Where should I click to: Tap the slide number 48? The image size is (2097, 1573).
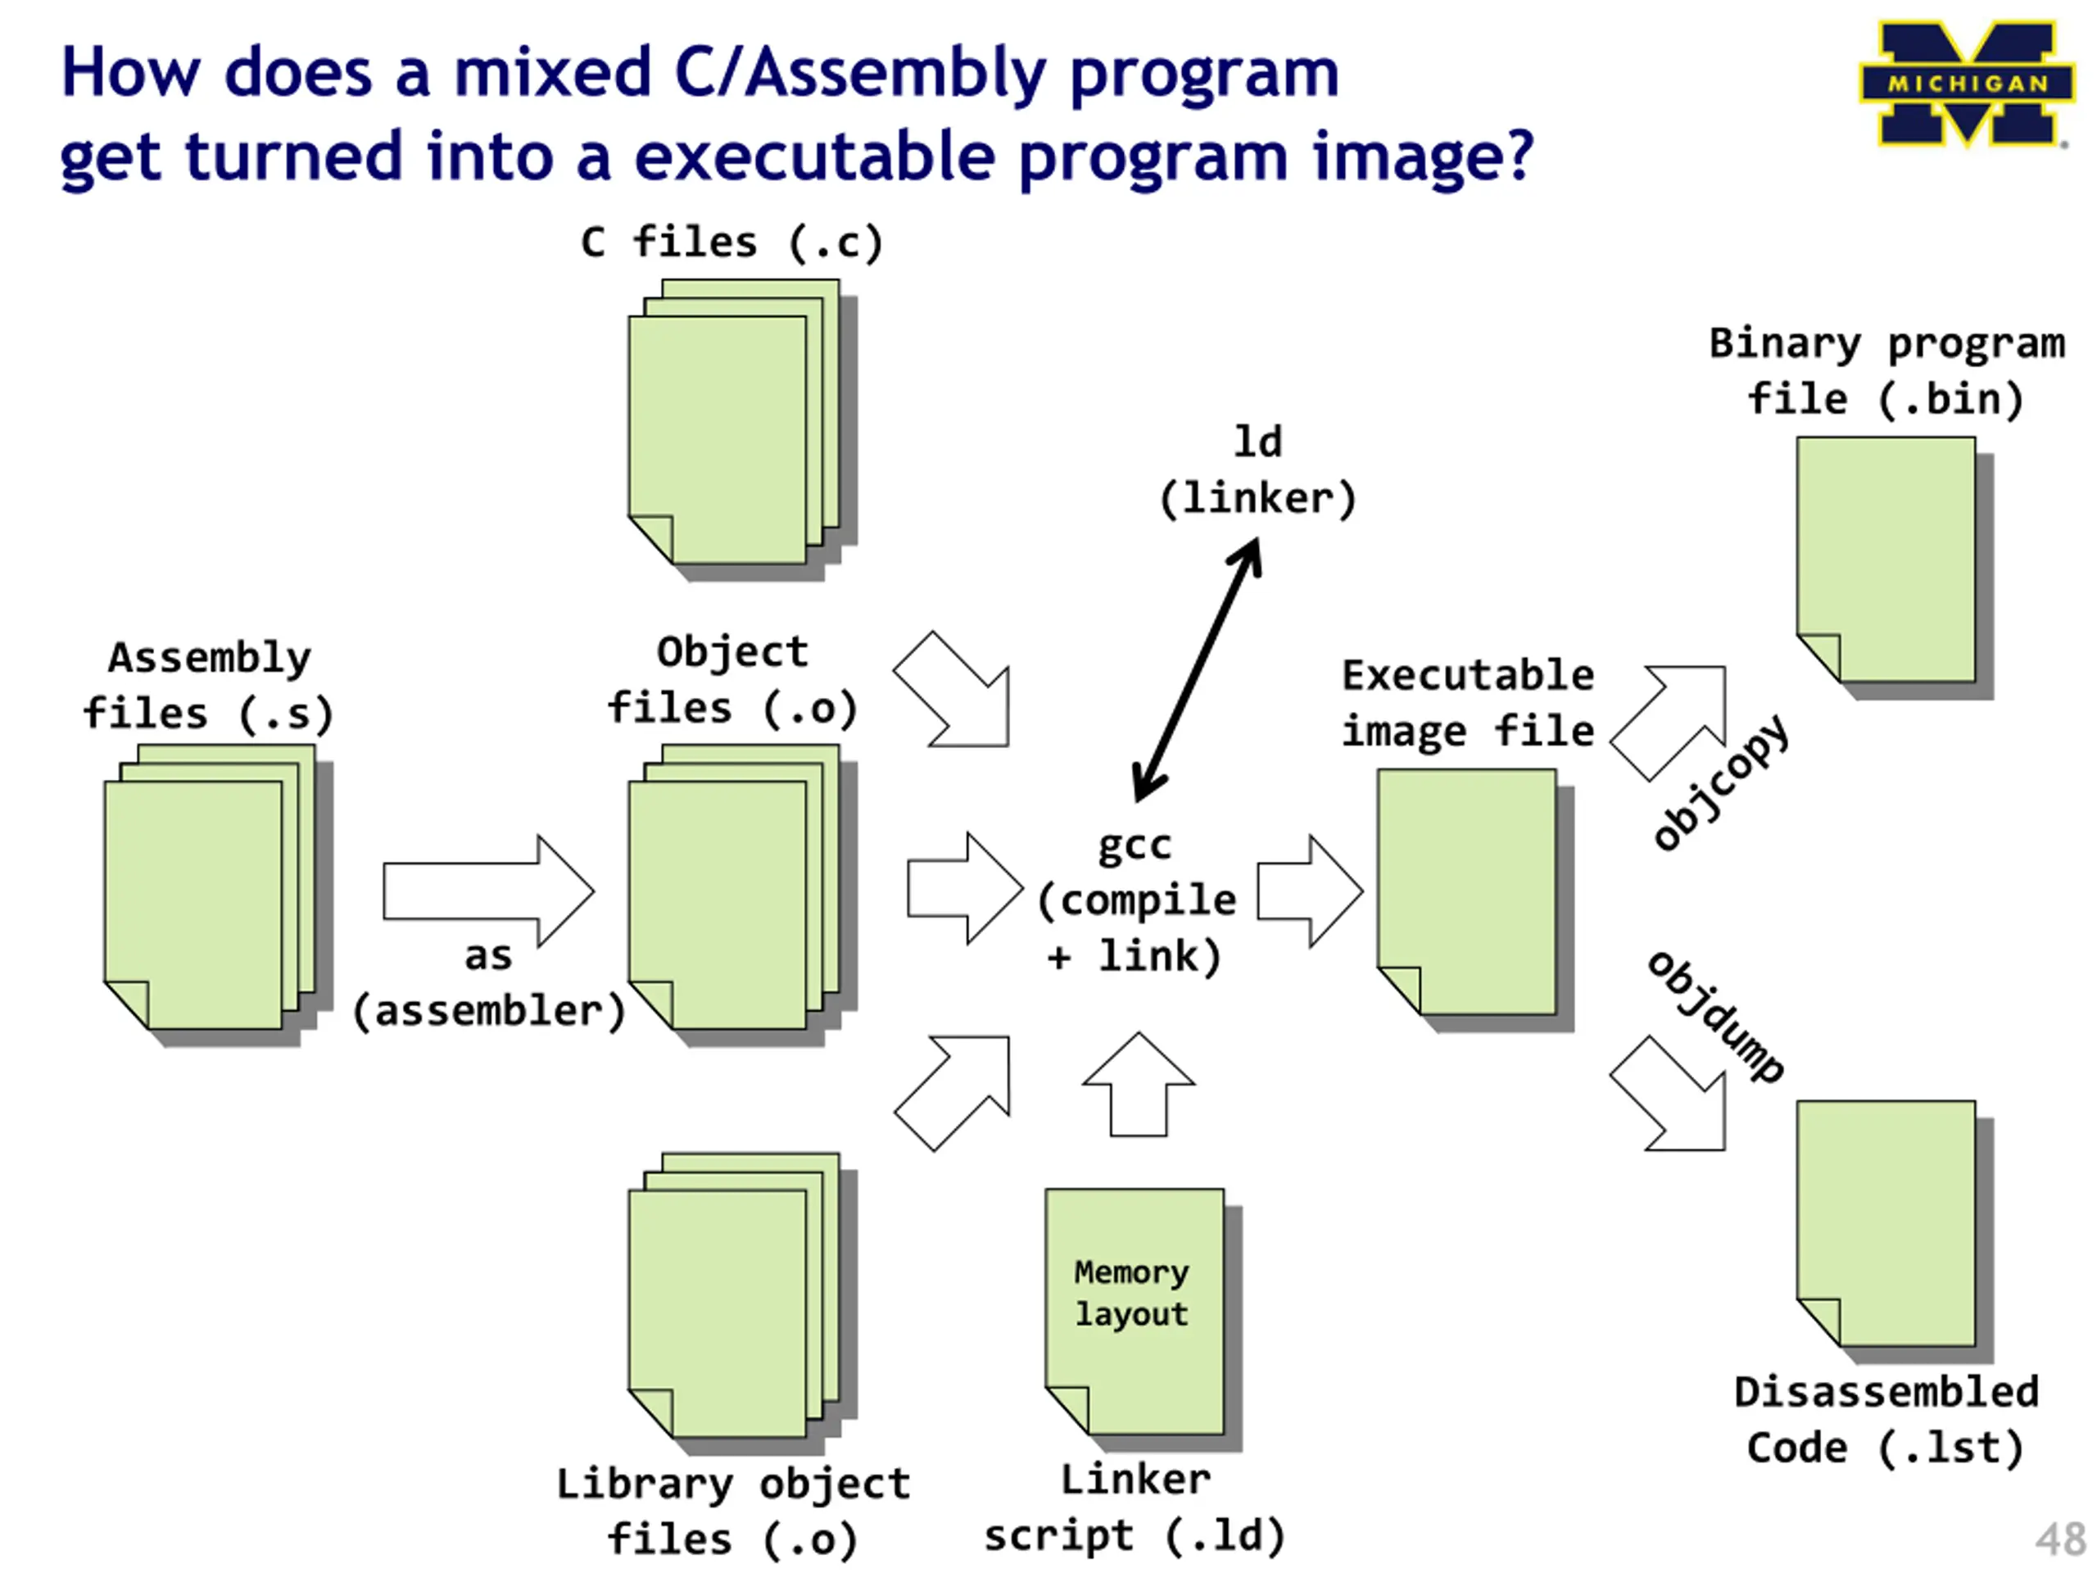click(2059, 1539)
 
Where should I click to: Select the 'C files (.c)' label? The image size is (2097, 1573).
click(731, 243)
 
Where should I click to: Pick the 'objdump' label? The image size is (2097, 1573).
click(1716, 1018)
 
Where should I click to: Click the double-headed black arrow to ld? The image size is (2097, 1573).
click(1198, 669)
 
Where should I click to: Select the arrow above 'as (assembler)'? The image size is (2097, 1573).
click(488, 891)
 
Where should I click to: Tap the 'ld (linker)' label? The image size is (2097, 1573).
click(1258, 471)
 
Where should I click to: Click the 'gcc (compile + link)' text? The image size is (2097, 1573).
click(1135, 900)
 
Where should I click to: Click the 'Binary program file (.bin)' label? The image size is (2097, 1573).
click(1886, 371)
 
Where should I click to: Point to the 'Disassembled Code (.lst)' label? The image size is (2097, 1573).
click(1886, 1421)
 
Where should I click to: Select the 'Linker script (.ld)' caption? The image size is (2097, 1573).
click(1135, 1507)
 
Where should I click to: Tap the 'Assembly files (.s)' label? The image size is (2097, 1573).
click(209, 686)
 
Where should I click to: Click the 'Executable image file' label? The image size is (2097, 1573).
click(1468, 704)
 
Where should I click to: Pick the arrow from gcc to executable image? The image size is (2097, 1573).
click(1309, 891)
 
